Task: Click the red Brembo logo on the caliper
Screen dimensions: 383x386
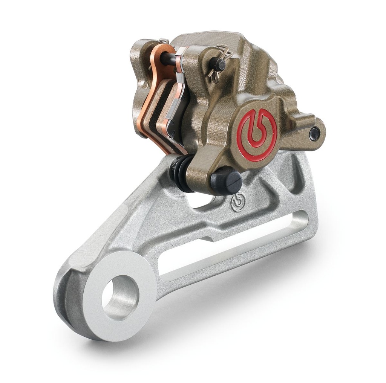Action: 257,135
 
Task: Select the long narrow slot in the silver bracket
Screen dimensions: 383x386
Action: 230,245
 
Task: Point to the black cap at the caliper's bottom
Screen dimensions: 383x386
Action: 226,182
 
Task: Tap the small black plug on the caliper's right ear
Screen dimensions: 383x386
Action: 314,133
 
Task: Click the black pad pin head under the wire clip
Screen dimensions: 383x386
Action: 218,65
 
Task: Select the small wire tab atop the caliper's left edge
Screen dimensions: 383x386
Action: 163,41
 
